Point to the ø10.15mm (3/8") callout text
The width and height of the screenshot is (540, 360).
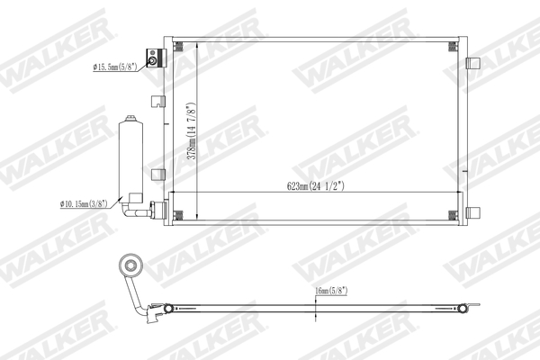(x=84, y=205)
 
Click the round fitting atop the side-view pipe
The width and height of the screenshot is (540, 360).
(x=130, y=266)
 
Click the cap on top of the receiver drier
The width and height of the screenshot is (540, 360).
(x=131, y=118)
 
